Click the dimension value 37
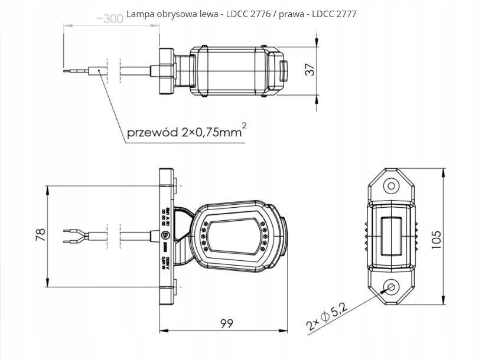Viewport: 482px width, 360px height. pyautogui.click(x=310, y=69)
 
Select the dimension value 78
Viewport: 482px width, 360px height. pyautogui.click(x=40, y=235)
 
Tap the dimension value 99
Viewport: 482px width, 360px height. pyautogui.click(x=226, y=323)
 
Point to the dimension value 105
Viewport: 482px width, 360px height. pyautogui.click(x=437, y=240)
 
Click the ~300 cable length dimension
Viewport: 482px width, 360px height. pyautogui.click(x=109, y=18)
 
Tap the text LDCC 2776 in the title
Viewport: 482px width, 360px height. pyautogui.click(x=247, y=14)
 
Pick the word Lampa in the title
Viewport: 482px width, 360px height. pyautogui.click(x=139, y=14)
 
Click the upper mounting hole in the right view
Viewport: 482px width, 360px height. pyautogui.click(x=390, y=186)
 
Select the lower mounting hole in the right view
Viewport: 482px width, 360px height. pyautogui.click(x=390, y=287)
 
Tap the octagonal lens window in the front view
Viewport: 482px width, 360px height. pyautogui.click(x=232, y=235)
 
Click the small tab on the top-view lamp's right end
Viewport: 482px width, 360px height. pyautogui.click(x=285, y=70)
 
